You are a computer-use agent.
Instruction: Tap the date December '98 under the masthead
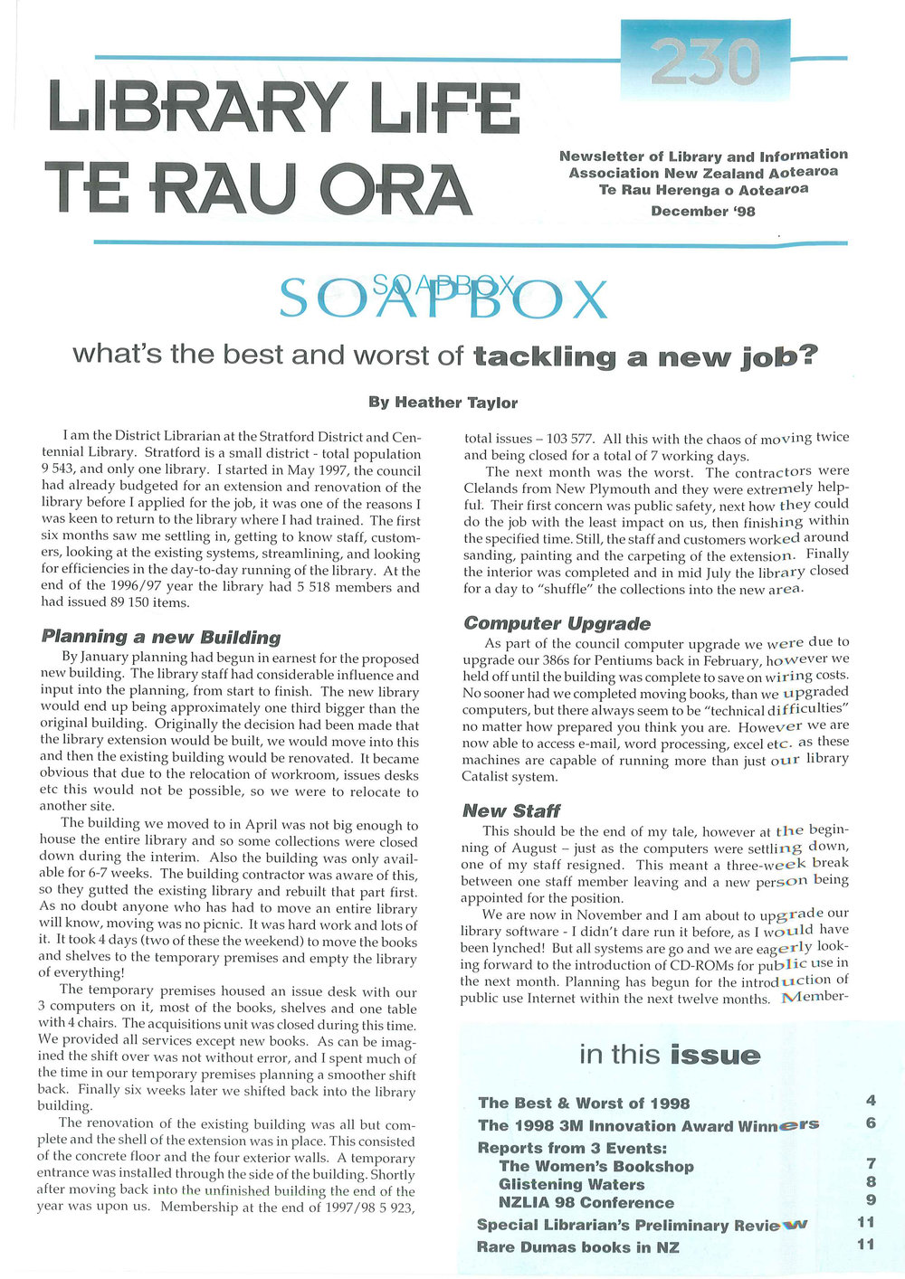pyautogui.click(x=702, y=212)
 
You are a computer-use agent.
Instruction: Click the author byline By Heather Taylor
pyautogui.click(x=443, y=403)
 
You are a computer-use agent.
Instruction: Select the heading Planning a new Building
pyautogui.click(x=161, y=637)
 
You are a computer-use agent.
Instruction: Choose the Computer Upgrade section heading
pyautogui.click(x=557, y=623)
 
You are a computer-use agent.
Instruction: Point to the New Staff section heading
pyautogui.click(x=511, y=810)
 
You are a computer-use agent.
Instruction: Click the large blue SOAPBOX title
pyautogui.click(x=443, y=298)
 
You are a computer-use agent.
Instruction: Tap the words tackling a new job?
pyautogui.click(x=645, y=356)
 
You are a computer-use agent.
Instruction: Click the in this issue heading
pyautogui.click(x=670, y=1055)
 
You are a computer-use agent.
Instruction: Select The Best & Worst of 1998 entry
pyautogui.click(x=584, y=1103)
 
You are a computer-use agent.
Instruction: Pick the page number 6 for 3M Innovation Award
pyautogui.click(x=871, y=1123)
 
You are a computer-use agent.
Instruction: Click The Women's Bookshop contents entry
pyautogui.click(x=596, y=1166)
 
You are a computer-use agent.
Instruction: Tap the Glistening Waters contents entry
pyautogui.click(x=572, y=1184)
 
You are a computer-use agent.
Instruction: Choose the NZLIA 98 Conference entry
pyautogui.click(x=586, y=1202)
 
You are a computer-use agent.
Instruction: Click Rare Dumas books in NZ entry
pyautogui.click(x=577, y=1247)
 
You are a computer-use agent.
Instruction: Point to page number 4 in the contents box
pyautogui.click(x=871, y=1101)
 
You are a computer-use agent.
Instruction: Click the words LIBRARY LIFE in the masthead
pyautogui.click(x=284, y=107)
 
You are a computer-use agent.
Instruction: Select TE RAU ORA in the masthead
pyautogui.click(x=260, y=188)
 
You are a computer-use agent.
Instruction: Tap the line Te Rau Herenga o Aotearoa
pyautogui.click(x=703, y=190)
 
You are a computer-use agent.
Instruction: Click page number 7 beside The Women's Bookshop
pyautogui.click(x=871, y=1164)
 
